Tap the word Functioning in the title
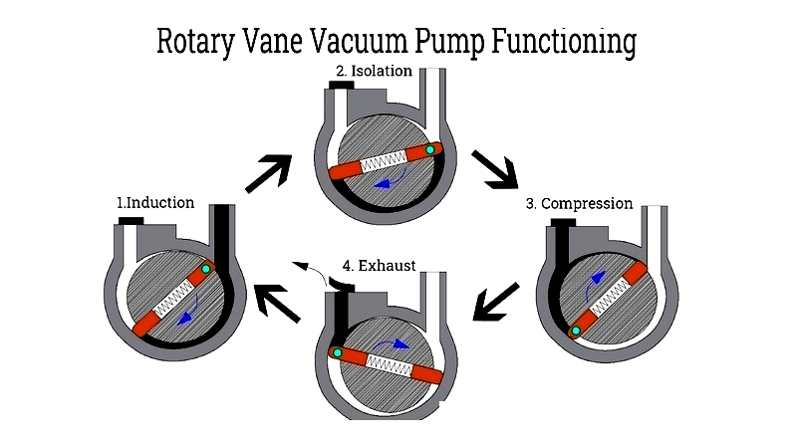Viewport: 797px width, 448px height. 564,42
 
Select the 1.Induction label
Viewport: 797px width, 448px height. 155,203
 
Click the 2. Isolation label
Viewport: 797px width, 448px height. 375,71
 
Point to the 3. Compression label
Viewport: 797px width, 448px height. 580,204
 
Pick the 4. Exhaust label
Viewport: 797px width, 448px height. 380,266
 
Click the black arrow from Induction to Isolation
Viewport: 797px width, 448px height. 269,173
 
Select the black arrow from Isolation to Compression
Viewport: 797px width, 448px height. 494,169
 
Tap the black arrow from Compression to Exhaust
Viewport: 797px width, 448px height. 496,302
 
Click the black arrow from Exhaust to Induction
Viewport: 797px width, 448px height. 277,304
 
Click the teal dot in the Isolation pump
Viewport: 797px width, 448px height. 430,150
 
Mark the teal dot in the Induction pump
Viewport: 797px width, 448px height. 206,269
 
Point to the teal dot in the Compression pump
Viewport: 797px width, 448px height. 576,331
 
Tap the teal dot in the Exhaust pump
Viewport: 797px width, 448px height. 337,352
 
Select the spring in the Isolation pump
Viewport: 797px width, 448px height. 384,162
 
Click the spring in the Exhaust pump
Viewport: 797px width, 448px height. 389,364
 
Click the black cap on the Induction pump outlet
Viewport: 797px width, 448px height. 132,220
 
